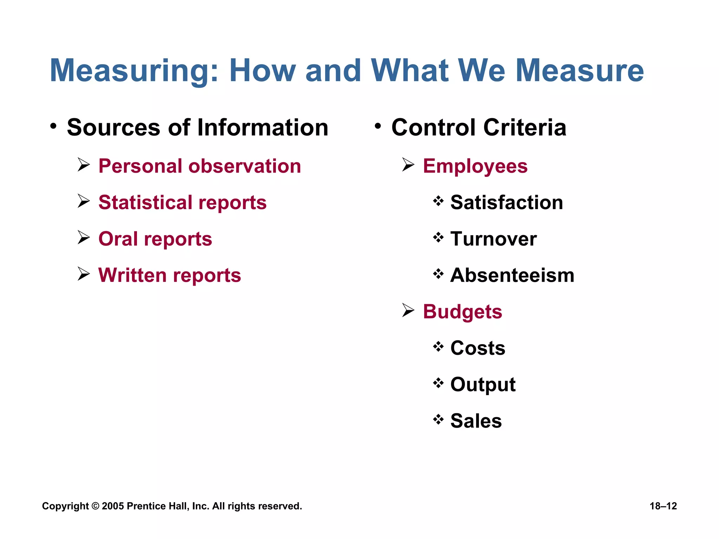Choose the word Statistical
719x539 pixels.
click(x=145, y=202)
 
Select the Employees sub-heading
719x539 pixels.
click(x=475, y=166)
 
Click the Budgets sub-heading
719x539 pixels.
click(x=462, y=312)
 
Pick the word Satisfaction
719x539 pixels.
click(x=507, y=202)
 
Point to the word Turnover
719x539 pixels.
click(x=493, y=239)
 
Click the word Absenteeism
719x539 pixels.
click(x=512, y=275)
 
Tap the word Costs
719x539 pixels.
click(x=478, y=348)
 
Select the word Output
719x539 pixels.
click(x=483, y=385)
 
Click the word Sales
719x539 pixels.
click(x=476, y=421)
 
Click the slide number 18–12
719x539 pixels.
click(x=663, y=506)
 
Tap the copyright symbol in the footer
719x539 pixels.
click(x=95, y=506)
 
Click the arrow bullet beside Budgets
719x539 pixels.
click(x=408, y=310)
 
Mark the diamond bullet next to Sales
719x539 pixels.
click(x=438, y=419)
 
